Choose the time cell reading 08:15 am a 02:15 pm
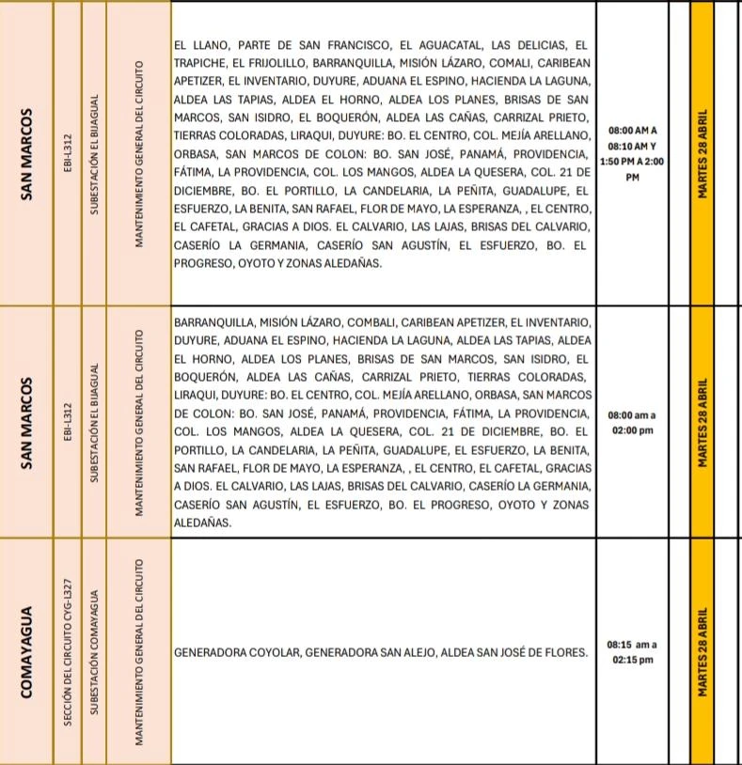tap(632, 652)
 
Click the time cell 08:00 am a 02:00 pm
tap(632, 423)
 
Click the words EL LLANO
tap(200, 45)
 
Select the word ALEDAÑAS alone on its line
tap(200, 523)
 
